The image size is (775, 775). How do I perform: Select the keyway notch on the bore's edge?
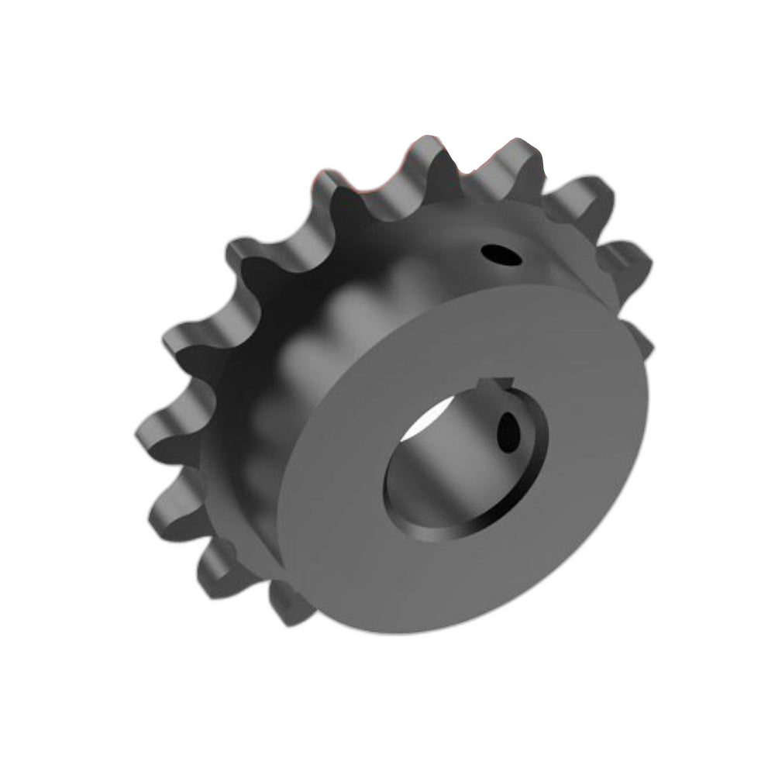[x=496, y=383]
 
